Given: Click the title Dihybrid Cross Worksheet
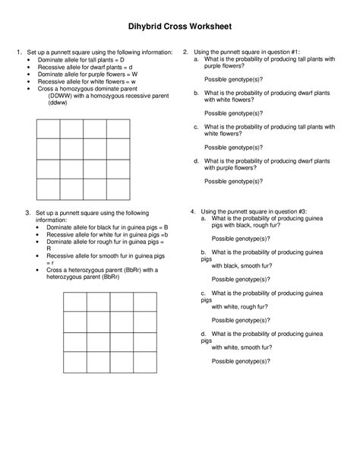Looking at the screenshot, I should (179, 27).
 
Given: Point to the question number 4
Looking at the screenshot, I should (193, 210).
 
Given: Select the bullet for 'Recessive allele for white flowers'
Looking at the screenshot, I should (30, 81).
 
